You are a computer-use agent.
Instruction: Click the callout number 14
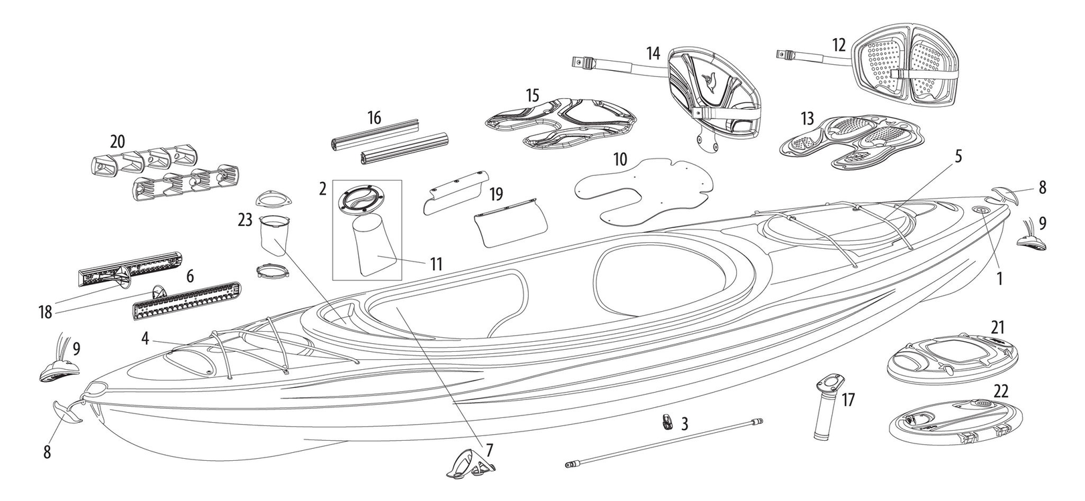[653, 52]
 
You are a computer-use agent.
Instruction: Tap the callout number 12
[839, 45]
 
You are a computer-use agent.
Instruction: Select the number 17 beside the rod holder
[849, 400]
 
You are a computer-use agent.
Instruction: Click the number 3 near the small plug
[684, 424]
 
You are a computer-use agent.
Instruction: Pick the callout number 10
[620, 160]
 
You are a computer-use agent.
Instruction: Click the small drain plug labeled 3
[666, 421]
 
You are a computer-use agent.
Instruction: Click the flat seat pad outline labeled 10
[643, 189]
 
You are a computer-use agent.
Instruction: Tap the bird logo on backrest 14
[710, 84]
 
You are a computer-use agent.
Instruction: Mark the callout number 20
[118, 141]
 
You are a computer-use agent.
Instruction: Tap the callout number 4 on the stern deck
[145, 338]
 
